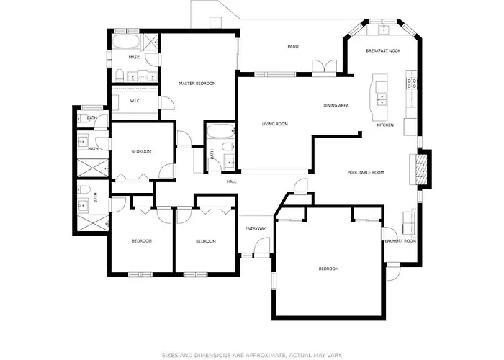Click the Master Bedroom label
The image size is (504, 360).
pyautogui.click(x=197, y=84)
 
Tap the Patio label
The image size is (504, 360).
pyautogui.click(x=293, y=46)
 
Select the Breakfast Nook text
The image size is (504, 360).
pyautogui.click(x=383, y=51)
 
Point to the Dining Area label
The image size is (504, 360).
pyautogui.click(x=336, y=105)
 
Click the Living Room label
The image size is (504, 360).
pyautogui.click(x=275, y=124)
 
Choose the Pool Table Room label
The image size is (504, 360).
pyautogui.click(x=366, y=173)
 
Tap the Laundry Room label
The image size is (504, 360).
pyautogui.click(x=400, y=241)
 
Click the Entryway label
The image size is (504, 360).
pyautogui.click(x=256, y=229)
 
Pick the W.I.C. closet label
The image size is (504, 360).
pyautogui.click(x=135, y=101)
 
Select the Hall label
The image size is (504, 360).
pyautogui.click(x=231, y=182)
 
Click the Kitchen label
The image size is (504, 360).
pyautogui.click(x=385, y=125)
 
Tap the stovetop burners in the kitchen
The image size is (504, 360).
pyautogui.click(x=412, y=84)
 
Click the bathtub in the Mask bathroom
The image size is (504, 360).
pyautogui.click(x=126, y=42)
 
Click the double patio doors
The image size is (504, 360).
pyautogui.click(x=325, y=67)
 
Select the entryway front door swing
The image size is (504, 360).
pyautogui.click(x=262, y=247)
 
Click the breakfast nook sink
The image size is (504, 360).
pyautogui.click(x=384, y=30)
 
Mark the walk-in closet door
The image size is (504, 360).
pyautogui.click(x=167, y=103)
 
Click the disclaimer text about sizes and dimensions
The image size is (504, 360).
pyautogui.click(x=252, y=355)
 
